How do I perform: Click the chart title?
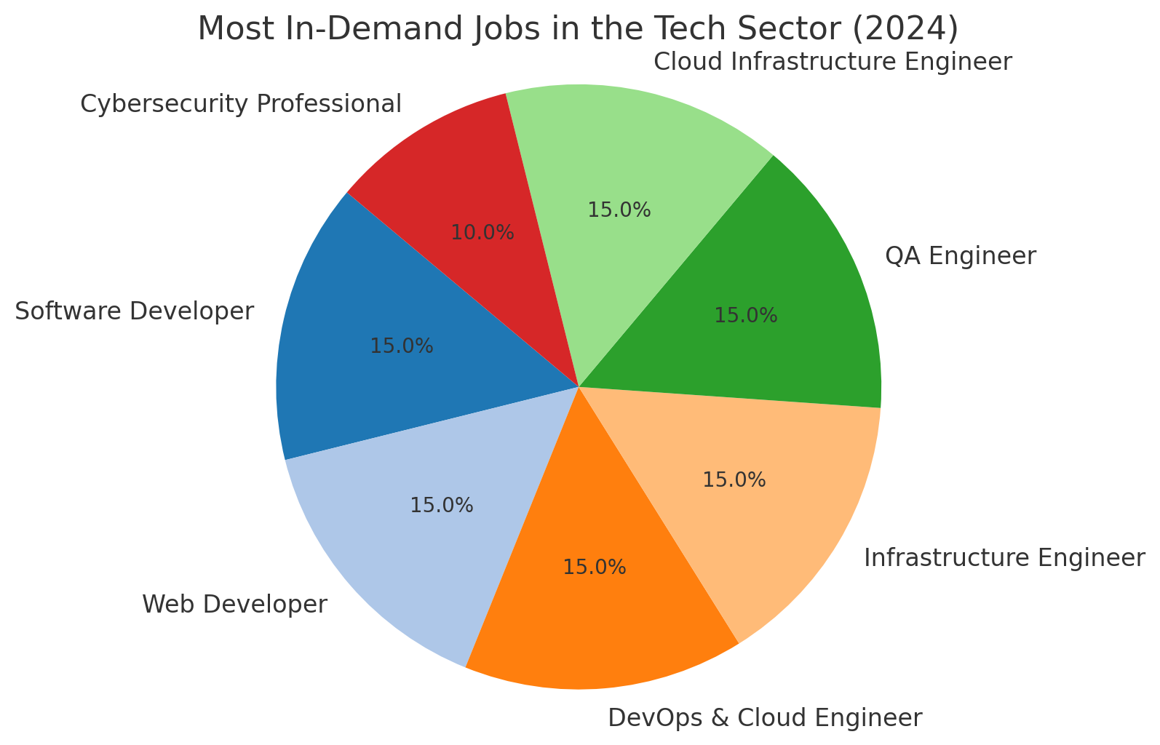coord(578,29)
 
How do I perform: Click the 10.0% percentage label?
coord(482,233)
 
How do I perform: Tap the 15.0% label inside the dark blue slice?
coord(402,346)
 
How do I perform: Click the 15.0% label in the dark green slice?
coord(746,315)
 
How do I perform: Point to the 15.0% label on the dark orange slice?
coord(595,567)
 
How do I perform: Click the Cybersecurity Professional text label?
coord(241,104)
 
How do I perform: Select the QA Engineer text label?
coord(960,256)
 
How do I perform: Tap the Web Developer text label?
coord(235,604)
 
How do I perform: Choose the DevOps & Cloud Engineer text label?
coord(765,718)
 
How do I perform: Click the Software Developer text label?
coord(135,311)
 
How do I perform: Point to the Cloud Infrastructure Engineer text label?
coord(833,62)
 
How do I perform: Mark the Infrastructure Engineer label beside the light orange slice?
coord(1004,558)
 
